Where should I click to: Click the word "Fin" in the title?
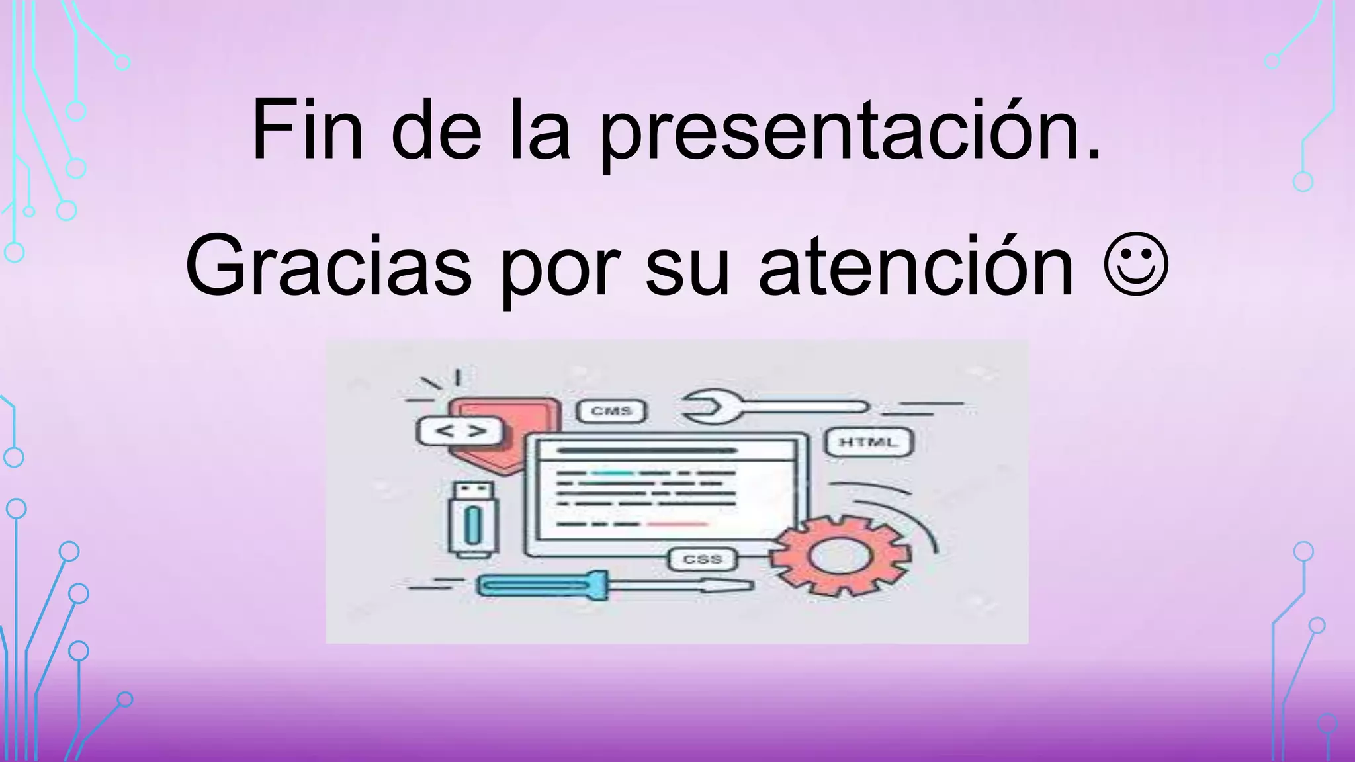307,130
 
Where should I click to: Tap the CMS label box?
611,411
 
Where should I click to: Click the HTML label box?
869,443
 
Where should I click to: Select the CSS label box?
702,560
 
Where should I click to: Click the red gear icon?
840,556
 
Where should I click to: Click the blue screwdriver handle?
542,585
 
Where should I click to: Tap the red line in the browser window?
677,524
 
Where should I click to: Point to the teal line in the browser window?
612,474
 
